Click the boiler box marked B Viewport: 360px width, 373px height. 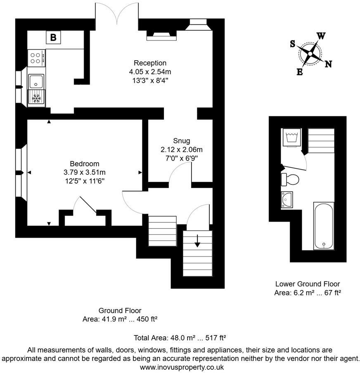click(53, 38)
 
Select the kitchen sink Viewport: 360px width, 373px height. click(36, 81)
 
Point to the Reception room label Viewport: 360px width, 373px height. click(150, 63)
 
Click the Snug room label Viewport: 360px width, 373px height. click(181, 141)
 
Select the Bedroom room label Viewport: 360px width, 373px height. click(84, 164)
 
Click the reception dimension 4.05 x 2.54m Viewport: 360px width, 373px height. click(150, 71)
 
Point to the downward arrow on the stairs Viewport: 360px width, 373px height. click(197, 241)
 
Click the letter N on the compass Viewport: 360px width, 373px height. click(329, 64)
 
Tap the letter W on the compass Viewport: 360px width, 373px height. click(321, 36)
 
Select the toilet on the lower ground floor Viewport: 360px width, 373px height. click(290, 179)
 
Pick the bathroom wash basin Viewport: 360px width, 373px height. click(287, 199)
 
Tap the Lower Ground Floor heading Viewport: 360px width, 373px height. click(308, 284)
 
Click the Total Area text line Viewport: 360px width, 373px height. click(180, 338)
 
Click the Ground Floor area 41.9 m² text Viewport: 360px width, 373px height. click(120, 319)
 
